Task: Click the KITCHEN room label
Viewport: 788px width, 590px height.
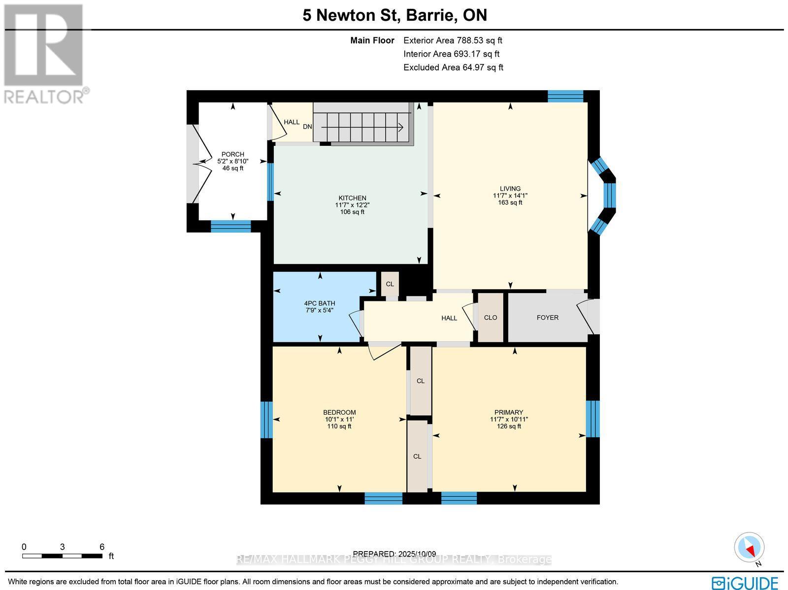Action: [x=352, y=198]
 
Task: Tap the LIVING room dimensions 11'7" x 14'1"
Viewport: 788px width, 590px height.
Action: [x=510, y=196]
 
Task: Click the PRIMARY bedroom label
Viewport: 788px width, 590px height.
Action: [x=509, y=412]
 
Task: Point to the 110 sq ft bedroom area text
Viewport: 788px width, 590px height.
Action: [x=339, y=426]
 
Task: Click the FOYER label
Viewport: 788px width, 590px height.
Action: [x=547, y=318]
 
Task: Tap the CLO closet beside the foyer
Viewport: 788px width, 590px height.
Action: [x=491, y=318]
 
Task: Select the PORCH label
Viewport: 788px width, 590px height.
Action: [x=232, y=154]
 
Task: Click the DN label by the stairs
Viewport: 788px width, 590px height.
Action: [x=307, y=127]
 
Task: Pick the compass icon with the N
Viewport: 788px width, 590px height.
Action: [x=749, y=548]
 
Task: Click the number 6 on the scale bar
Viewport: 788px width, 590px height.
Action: [x=102, y=547]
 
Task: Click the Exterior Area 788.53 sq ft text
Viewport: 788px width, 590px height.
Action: [x=453, y=41]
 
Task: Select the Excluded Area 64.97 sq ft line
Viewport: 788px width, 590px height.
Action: [x=453, y=67]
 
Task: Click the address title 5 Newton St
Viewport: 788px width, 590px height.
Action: [x=394, y=15]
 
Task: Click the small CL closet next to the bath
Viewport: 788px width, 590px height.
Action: [x=390, y=284]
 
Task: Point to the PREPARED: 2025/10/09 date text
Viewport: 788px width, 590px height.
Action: [x=394, y=554]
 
